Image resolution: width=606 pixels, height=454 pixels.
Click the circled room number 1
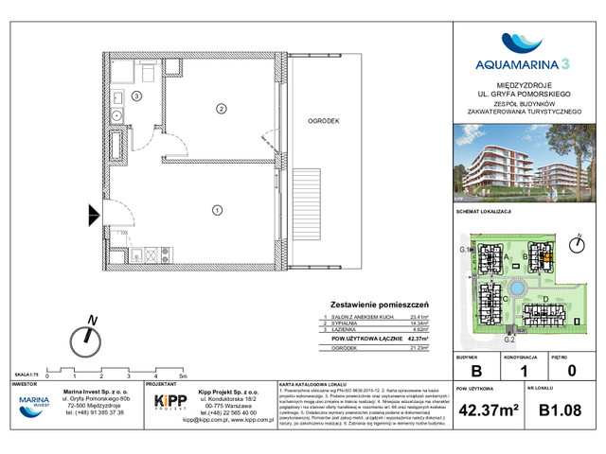point(217,209)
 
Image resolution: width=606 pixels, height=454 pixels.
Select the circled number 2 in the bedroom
point(220,110)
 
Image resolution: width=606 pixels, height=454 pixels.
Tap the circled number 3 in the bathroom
point(136,96)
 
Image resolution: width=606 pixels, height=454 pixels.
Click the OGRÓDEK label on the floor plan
point(323,122)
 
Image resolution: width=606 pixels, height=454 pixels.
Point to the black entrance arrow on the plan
point(93,214)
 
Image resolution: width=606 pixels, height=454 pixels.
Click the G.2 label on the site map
point(508,339)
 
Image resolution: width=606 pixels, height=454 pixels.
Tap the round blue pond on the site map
point(517,288)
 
